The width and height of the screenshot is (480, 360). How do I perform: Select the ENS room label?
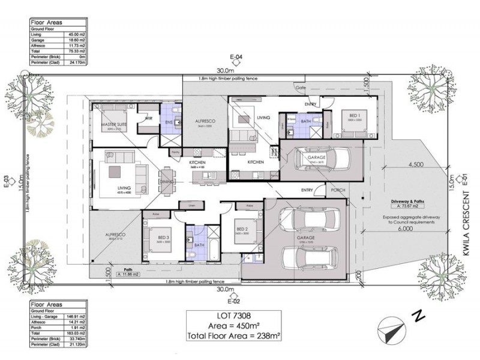pyautogui.click(x=169, y=122)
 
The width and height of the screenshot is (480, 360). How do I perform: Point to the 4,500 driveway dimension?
pyautogui.click(x=418, y=164)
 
